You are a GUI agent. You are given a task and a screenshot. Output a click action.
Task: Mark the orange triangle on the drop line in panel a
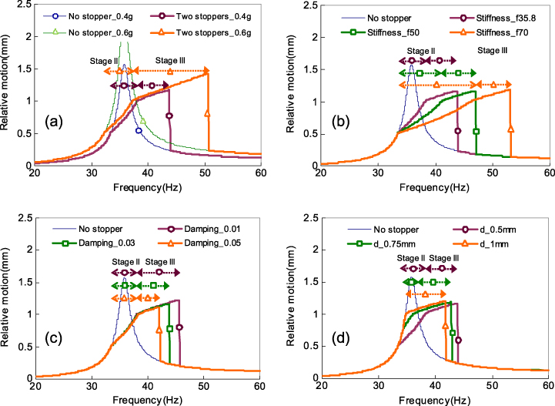[207, 113]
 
